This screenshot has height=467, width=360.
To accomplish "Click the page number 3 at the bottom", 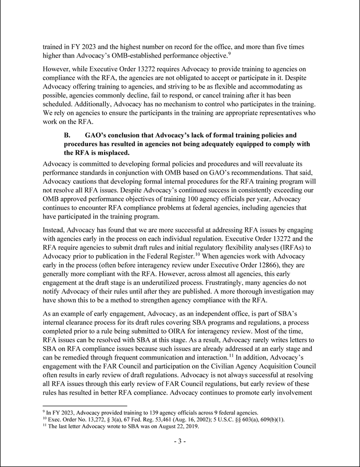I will click(179, 441).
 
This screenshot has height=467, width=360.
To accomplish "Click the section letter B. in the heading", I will click(68, 135).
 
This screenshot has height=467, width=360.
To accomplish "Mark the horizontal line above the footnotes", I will click(84, 405).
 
